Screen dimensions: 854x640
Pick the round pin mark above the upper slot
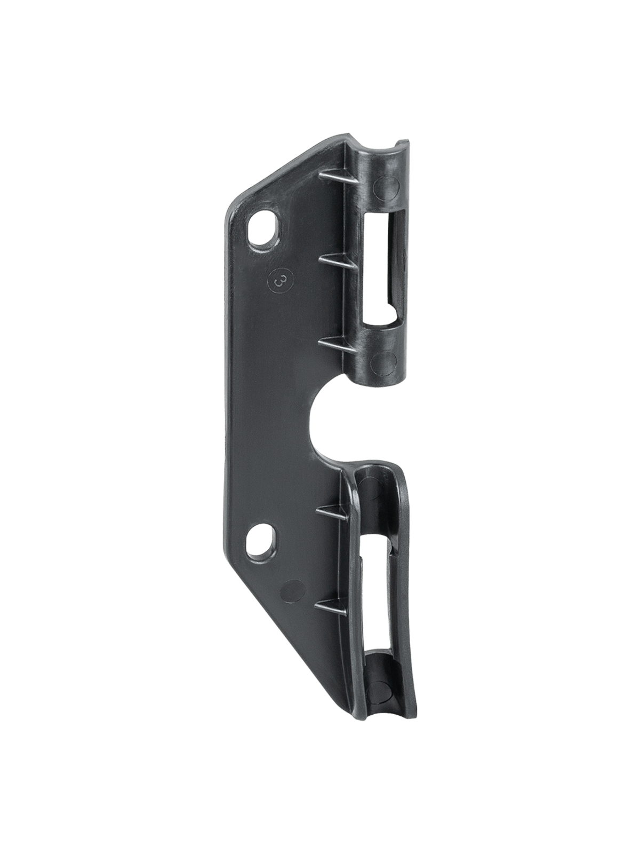point(387,187)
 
